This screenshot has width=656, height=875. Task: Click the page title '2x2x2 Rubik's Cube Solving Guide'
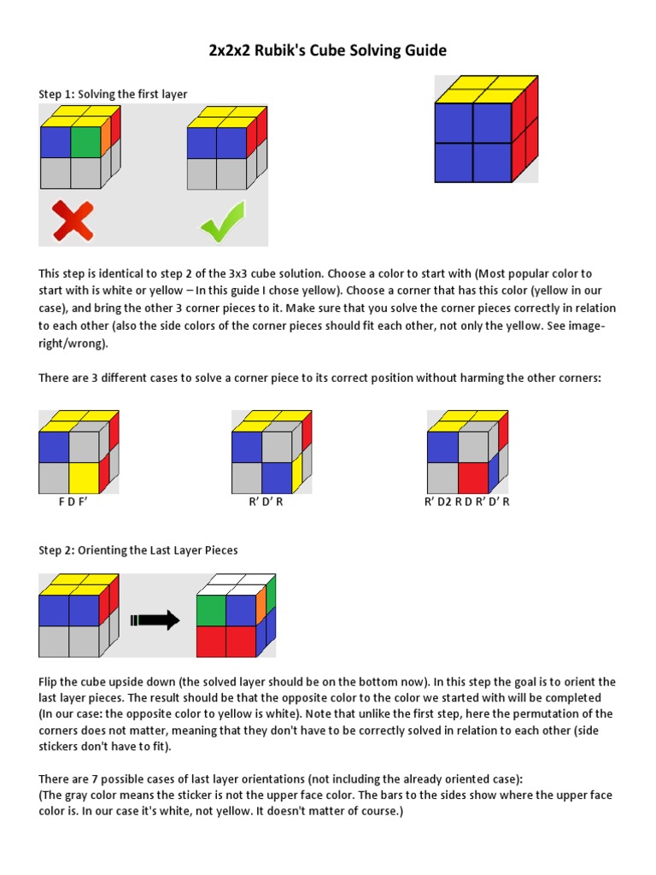[328, 51]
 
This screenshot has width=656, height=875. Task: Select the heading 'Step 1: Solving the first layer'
[113, 94]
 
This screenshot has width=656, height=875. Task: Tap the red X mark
[72, 221]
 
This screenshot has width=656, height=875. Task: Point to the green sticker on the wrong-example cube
[85, 142]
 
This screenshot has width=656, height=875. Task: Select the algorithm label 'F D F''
[73, 502]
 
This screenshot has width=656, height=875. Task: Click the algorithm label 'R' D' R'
[266, 502]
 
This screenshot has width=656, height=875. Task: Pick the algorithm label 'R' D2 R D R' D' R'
[467, 502]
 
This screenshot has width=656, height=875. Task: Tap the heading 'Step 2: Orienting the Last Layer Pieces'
[138, 550]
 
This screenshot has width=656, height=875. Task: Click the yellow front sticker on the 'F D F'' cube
[85, 478]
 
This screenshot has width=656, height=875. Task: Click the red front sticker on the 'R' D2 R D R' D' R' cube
[472, 478]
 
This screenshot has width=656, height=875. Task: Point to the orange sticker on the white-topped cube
[261, 605]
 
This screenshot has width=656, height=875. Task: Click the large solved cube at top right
[485, 130]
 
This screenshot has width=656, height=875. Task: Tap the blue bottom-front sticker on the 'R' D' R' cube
[277, 478]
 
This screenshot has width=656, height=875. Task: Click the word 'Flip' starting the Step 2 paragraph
[49, 683]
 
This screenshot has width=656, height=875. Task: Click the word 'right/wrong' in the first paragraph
[73, 342]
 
